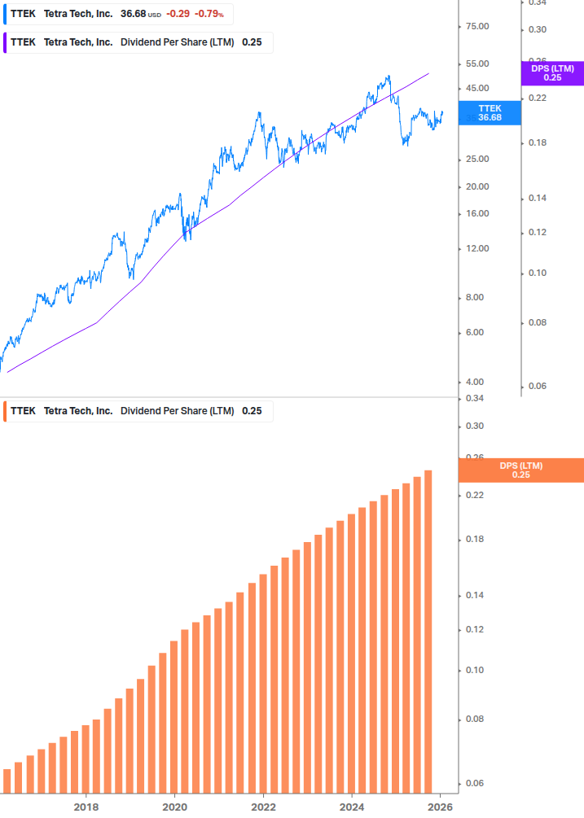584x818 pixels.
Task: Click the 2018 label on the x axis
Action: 86,807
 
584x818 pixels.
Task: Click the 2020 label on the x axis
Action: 174,807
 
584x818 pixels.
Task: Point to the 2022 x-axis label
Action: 263,807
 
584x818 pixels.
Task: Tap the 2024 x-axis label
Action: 352,807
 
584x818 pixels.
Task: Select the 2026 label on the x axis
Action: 440,807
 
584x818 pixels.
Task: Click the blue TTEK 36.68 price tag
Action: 490,112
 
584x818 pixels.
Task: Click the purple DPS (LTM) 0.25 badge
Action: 552,73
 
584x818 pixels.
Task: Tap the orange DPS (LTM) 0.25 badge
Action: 521,470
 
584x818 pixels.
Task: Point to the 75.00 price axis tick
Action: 476,26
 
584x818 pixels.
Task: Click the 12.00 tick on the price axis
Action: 476,248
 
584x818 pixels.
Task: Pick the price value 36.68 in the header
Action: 133,14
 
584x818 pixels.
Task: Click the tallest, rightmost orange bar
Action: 428,631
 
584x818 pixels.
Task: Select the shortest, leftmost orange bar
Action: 7,781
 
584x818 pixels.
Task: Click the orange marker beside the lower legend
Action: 6,410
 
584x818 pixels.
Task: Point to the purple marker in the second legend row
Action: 6,42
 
